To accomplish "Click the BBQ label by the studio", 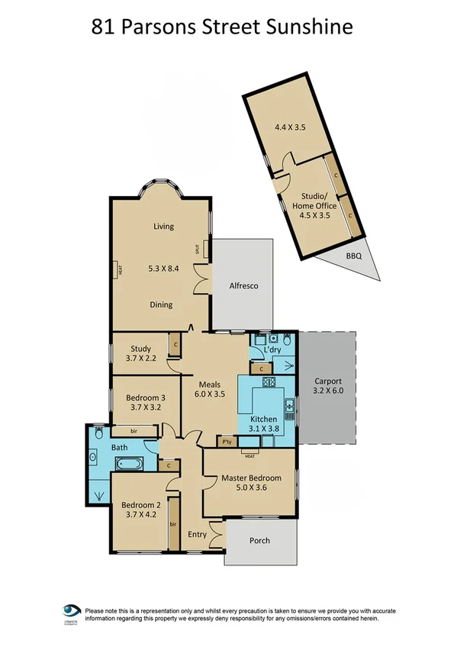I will (x=353, y=256).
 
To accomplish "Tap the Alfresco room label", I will (x=245, y=285).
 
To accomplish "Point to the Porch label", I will (x=259, y=541).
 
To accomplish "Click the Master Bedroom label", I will (x=251, y=478).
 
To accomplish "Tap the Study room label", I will (x=140, y=349).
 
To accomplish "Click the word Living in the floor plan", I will (x=163, y=226).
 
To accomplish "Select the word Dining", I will (x=161, y=304).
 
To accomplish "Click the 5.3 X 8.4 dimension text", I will (x=163, y=269).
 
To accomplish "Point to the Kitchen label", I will (x=263, y=419).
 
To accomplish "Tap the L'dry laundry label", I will (x=272, y=350).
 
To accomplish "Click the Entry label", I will (x=197, y=534).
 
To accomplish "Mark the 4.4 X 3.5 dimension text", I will (x=290, y=127).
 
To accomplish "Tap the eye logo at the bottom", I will (x=72, y=611).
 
